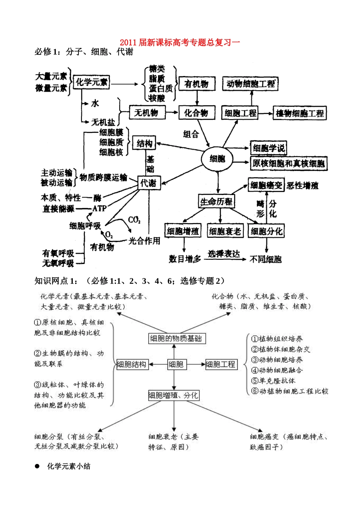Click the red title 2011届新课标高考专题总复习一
pyautogui.click(x=180, y=42)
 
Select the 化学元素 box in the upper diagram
pyautogui.click(x=91, y=82)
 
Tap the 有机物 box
pyautogui.click(x=197, y=84)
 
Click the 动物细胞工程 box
pyautogui.click(x=250, y=84)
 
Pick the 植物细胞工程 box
pyautogui.click(x=299, y=113)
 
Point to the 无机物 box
pyautogui.click(x=147, y=112)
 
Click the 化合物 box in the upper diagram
pyautogui.click(x=196, y=113)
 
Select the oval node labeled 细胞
pyautogui.click(x=217, y=159)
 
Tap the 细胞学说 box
pyautogui.click(x=268, y=148)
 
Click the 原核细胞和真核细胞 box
pyautogui.click(x=288, y=164)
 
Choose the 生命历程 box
pyautogui.click(x=216, y=201)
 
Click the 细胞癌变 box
pyautogui.click(x=266, y=185)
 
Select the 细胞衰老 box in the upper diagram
pyautogui.click(x=225, y=231)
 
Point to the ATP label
pyautogui.click(x=99, y=208)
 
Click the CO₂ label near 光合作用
pyautogui.click(x=134, y=220)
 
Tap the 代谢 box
pyautogui.click(x=149, y=183)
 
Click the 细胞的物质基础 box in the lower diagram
pyautogui.click(x=176, y=339)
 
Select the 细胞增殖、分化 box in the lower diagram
pyautogui.click(x=173, y=395)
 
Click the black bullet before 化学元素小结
pyautogui.click(x=37, y=466)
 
